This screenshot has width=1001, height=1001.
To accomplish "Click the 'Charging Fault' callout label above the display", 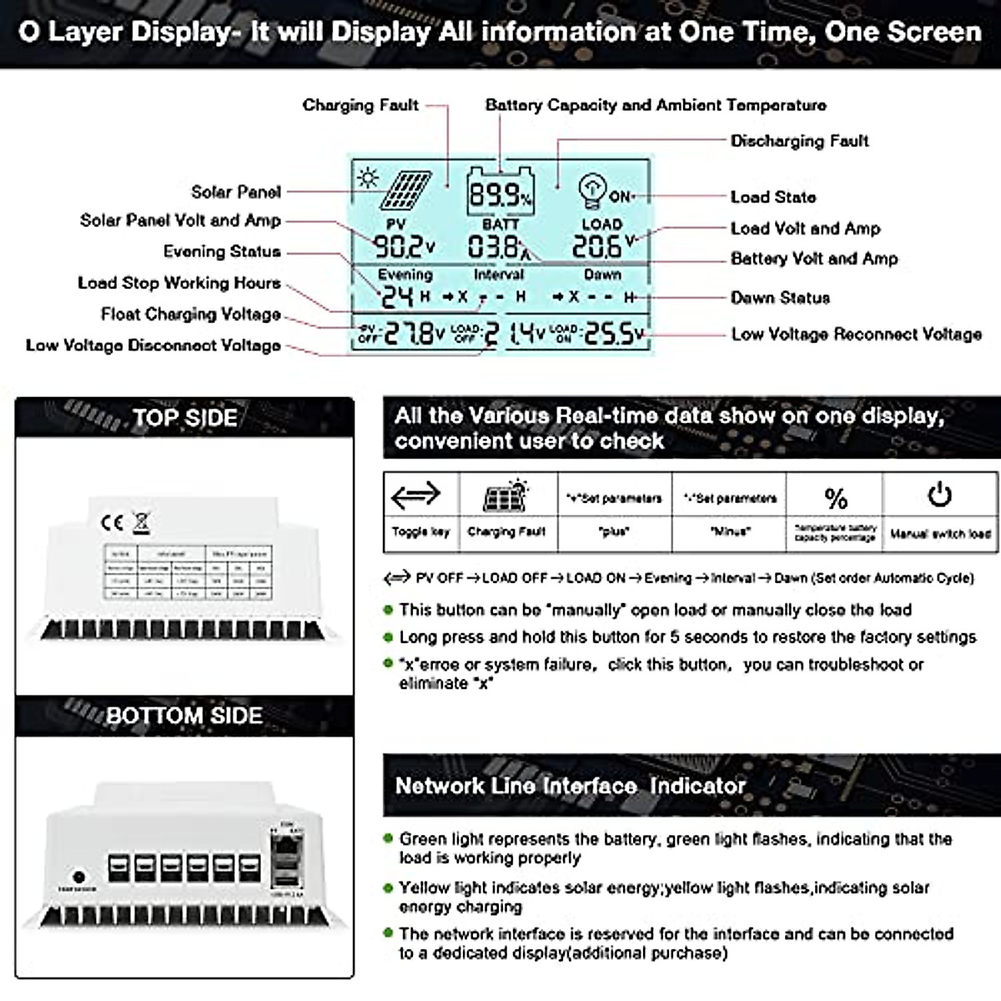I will pyautogui.click(x=360, y=105).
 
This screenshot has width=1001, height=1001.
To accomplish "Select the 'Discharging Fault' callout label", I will pyautogui.click(x=799, y=141).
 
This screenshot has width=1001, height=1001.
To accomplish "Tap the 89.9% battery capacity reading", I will pyautogui.click(x=499, y=195).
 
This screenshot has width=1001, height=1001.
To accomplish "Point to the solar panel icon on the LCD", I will pyautogui.click(x=406, y=191).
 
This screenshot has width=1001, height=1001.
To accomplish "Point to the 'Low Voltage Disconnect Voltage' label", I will pyautogui.click(x=153, y=345).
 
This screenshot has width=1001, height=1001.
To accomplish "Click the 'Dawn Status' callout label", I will pyautogui.click(x=780, y=298).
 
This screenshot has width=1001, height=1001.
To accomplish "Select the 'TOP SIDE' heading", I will pyautogui.click(x=184, y=418).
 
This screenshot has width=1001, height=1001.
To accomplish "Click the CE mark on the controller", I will pyautogui.click(x=112, y=523).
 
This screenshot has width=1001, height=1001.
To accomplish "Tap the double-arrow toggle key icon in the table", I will pyautogui.click(x=415, y=495).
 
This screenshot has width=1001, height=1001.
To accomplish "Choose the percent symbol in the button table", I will pyautogui.click(x=835, y=498).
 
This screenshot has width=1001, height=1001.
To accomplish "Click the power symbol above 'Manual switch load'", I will pyautogui.click(x=939, y=495).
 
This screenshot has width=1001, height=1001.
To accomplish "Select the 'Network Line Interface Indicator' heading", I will pyautogui.click(x=570, y=786).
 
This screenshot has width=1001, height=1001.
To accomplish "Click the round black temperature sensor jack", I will pyautogui.click(x=79, y=877).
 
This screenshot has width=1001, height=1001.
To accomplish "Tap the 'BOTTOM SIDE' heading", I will pyautogui.click(x=184, y=716).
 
